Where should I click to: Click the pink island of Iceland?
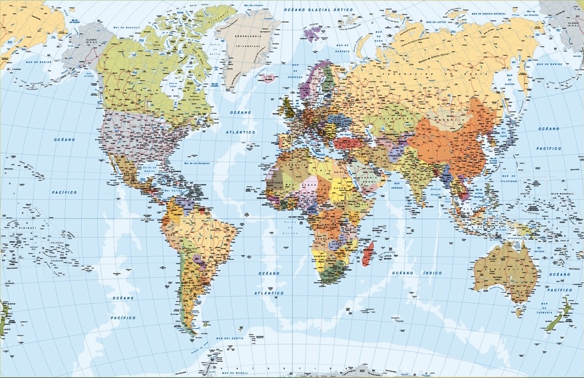point(268,78)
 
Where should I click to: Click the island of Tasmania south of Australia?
point(519,312)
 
